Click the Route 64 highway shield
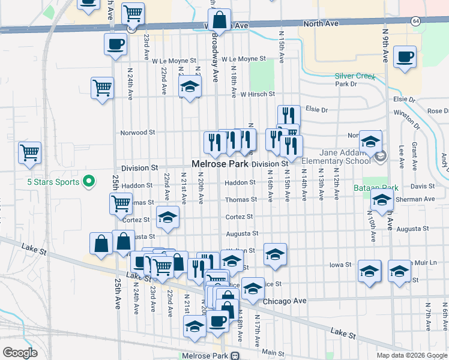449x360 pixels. click(x=415, y=20)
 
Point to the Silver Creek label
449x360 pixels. click(x=355, y=77)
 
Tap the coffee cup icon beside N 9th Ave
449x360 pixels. click(x=405, y=57)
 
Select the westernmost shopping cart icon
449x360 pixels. click(x=29, y=153)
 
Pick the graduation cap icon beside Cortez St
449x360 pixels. click(x=168, y=218)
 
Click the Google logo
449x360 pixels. click(x=20, y=353)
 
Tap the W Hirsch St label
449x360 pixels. click(x=257, y=94)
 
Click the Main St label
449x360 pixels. click(x=273, y=352)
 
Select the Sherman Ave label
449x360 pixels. click(x=420, y=199)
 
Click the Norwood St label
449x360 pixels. click(x=137, y=132)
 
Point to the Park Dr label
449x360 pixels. click(x=346, y=85)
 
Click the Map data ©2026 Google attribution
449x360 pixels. click(x=411, y=355)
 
